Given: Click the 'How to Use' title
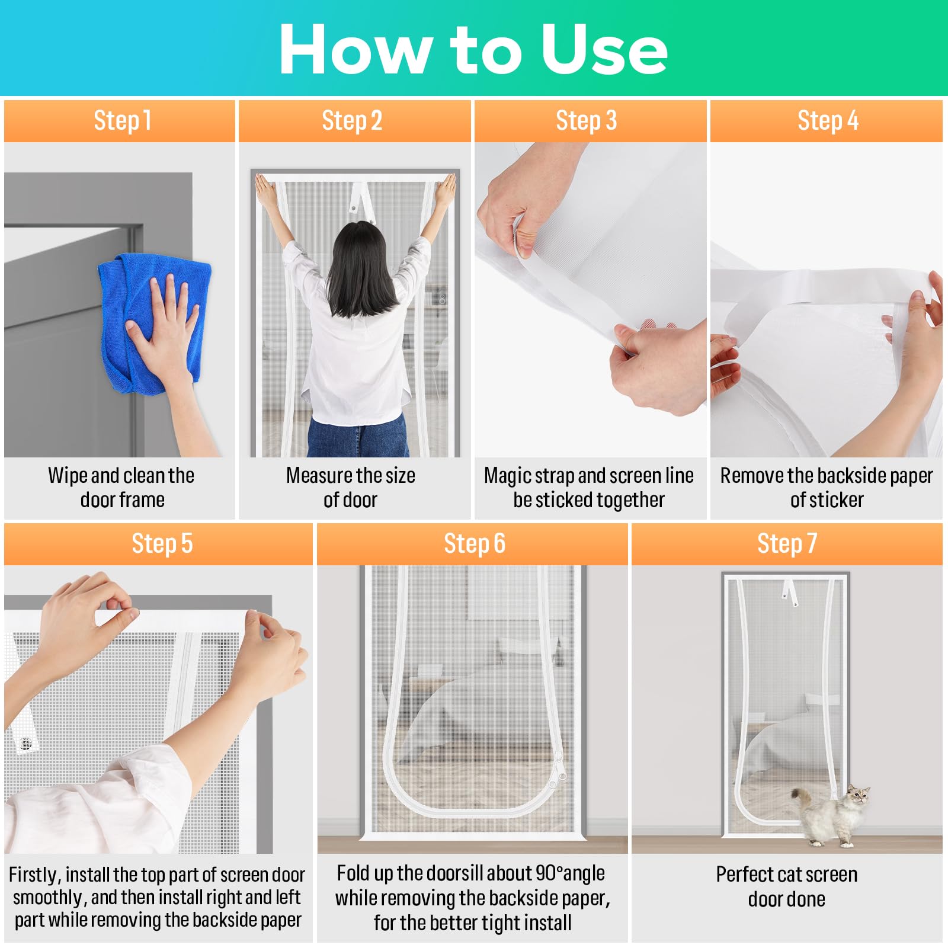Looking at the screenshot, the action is (473, 50).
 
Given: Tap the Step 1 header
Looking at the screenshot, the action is (123, 121).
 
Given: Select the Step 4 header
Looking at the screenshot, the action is (828, 121).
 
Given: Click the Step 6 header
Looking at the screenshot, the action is (475, 543).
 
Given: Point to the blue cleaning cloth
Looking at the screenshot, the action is (154, 323).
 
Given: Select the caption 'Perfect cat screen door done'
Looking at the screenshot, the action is (786, 886).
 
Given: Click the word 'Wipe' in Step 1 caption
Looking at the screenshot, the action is (68, 476).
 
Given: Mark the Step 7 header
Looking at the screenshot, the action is (787, 543).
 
